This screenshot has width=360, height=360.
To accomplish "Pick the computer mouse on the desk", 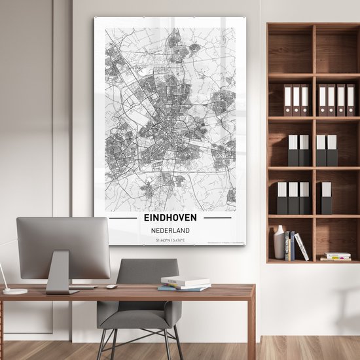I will [x=112, y=286].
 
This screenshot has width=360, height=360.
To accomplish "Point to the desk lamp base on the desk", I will [x=14, y=291].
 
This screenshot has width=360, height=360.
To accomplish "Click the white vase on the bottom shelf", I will [x=279, y=243].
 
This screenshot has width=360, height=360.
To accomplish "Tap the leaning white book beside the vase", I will [x=302, y=247].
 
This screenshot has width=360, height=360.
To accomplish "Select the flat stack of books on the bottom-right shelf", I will [x=336, y=257].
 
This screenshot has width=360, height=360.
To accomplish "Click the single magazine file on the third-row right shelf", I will [x=326, y=198].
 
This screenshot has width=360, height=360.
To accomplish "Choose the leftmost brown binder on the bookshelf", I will [x=289, y=100].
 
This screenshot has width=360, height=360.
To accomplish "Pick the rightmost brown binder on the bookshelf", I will [x=350, y=100].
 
